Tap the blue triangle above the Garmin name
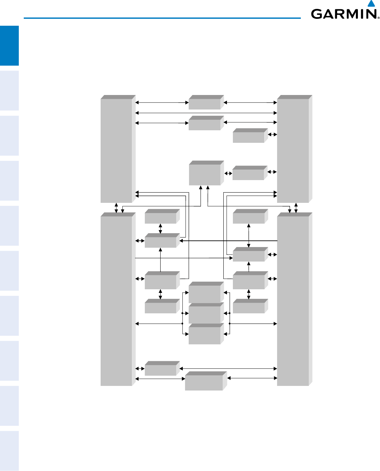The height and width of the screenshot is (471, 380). tap(372, 4)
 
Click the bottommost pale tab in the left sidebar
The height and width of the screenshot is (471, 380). tap(9, 451)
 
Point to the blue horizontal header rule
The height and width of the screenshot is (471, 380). tap(162, 18)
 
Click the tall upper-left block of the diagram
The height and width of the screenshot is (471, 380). tap(116, 150)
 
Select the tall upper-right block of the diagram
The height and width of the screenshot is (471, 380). tap(293, 150)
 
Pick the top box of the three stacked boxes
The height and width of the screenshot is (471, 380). tap(205, 294)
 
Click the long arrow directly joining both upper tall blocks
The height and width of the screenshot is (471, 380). tap(206, 113)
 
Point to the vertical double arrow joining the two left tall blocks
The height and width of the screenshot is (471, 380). tap(116, 208)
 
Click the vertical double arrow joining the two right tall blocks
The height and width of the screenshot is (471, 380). tap(296, 208)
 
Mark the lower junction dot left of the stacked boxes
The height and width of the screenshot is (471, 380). tap(182, 324)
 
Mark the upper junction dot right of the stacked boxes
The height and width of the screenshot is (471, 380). tap(229, 313)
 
